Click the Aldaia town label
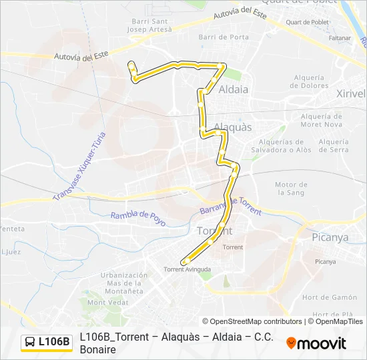coord(234,89)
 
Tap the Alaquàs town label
coord(233,127)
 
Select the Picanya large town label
coord(330,237)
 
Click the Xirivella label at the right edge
coord(351,93)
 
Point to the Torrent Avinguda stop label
coord(188,269)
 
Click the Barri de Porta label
coord(224,37)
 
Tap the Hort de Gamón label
coord(329,297)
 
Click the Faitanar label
coord(340,37)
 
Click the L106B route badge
coord(47,342)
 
